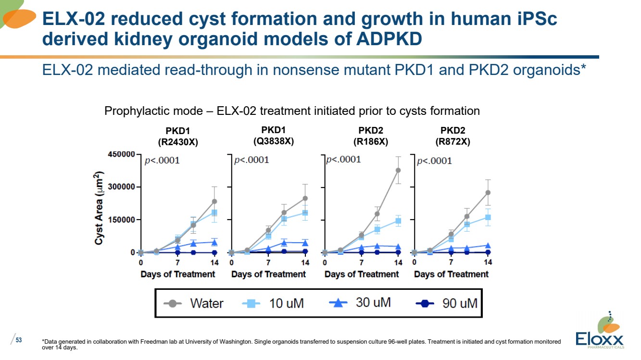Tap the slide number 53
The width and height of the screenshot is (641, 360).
[x=19, y=340]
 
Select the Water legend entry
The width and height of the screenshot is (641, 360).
[x=193, y=303]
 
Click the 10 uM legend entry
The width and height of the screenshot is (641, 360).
[x=273, y=303]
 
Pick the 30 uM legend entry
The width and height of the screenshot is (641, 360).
[x=360, y=302]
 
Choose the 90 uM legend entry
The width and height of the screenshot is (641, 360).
[x=446, y=303]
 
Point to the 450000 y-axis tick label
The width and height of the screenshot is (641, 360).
[x=121, y=154]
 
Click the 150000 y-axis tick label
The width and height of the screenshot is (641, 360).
[x=121, y=220]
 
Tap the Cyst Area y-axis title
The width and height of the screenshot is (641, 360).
[x=99, y=208]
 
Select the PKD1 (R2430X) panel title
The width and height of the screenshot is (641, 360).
[x=178, y=137]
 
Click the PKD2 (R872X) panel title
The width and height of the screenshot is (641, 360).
[x=452, y=136]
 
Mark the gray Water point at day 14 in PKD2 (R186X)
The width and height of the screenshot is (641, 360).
[x=398, y=171]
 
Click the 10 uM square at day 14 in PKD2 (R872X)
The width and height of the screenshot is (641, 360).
[x=488, y=218]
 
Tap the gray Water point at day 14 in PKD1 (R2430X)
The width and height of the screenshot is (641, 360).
[x=214, y=201]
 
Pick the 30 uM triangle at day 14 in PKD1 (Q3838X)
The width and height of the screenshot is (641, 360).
[x=305, y=243]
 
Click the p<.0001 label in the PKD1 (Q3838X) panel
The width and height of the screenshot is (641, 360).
[x=252, y=160]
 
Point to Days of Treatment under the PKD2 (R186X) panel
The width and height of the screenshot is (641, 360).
[x=362, y=274]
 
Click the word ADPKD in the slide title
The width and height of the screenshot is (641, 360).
[x=390, y=39]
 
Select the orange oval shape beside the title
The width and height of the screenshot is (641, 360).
[x=19, y=19]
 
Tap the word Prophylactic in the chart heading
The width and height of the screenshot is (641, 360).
[x=154, y=111]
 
